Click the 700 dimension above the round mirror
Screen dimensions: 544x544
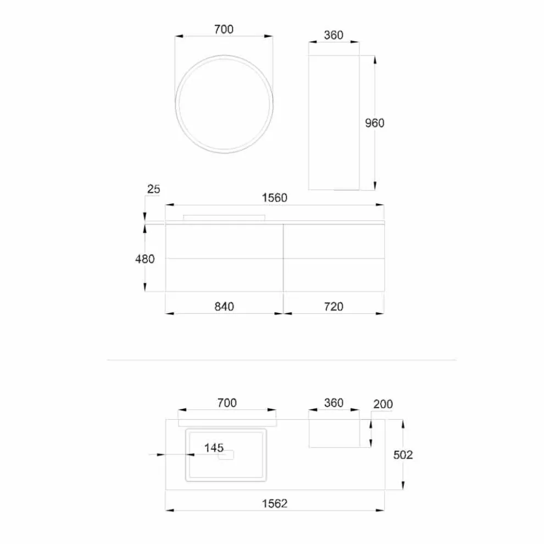click(224, 29)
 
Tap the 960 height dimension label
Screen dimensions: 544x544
click(375, 123)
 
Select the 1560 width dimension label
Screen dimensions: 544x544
click(274, 198)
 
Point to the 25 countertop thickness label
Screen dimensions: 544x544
click(154, 189)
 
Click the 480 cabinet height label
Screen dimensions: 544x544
click(145, 259)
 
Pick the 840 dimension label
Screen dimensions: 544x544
click(224, 307)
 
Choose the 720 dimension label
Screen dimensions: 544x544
click(334, 307)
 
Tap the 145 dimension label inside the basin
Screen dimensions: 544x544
click(214, 447)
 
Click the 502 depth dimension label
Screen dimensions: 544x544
click(403, 455)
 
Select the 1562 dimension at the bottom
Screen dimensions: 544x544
click(274, 503)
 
